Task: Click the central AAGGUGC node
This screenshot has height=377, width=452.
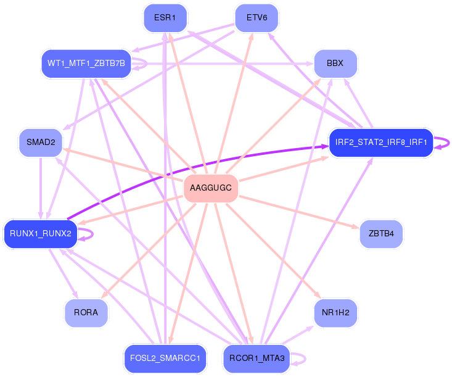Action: click(x=211, y=188)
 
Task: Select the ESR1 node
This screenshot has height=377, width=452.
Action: click(x=165, y=18)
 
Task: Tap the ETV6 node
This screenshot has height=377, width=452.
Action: click(x=257, y=18)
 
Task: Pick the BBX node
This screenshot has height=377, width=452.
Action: click(x=335, y=64)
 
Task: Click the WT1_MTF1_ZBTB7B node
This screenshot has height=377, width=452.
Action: click(x=86, y=64)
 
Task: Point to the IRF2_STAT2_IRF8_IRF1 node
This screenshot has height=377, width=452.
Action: click(x=381, y=143)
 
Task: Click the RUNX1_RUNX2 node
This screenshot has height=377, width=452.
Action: click(x=41, y=234)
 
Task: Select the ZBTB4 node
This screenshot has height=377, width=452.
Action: click(x=381, y=234)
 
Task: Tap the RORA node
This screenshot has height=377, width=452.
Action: click(x=86, y=313)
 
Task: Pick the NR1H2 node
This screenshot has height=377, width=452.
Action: click(x=335, y=313)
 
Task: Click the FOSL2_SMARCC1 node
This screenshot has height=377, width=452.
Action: click(x=165, y=358)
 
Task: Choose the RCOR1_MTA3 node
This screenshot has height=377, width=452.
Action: click(x=257, y=358)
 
